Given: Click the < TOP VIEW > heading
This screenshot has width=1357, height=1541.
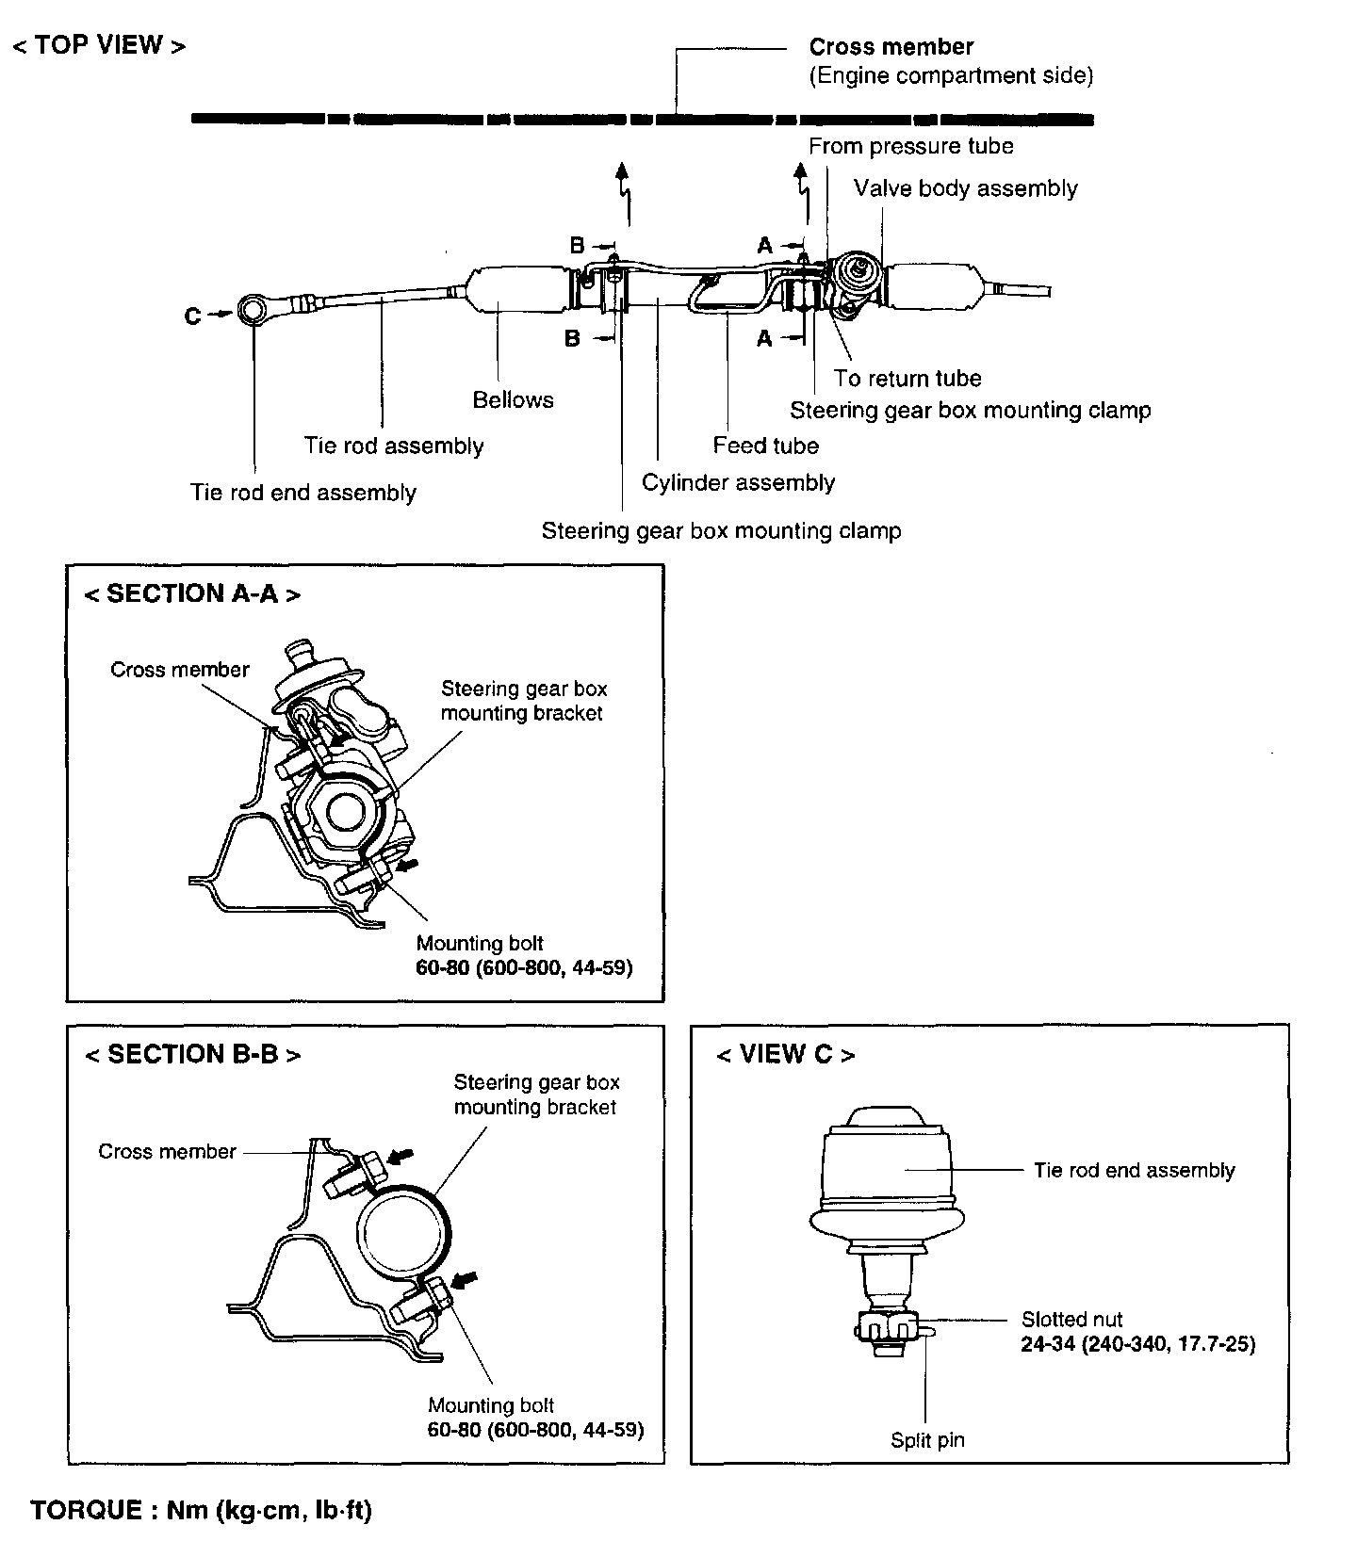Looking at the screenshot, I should [99, 46].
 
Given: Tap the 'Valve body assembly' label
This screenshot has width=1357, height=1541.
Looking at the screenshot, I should [965, 188].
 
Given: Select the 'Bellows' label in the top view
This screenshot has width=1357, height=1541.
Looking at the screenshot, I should [513, 400].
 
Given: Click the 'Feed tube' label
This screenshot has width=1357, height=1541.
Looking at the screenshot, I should [765, 446].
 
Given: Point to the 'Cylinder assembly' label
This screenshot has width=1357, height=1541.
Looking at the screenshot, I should [738, 483].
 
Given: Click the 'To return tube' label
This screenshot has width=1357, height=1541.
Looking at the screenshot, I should [907, 379].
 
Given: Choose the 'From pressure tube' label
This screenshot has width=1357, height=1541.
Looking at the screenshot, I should [910, 146].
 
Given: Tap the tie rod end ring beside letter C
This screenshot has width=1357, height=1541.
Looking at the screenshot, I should [253, 309].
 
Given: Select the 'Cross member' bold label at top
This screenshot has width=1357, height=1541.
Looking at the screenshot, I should [891, 47].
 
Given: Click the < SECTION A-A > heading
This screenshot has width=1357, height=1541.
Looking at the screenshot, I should [192, 594].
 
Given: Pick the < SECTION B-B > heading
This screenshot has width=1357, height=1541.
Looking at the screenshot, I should [192, 1055].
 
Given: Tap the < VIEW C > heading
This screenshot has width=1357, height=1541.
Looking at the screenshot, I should [785, 1055].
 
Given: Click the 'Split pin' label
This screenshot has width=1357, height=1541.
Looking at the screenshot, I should [927, 1440].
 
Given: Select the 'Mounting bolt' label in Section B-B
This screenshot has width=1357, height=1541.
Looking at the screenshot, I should [491, 1406].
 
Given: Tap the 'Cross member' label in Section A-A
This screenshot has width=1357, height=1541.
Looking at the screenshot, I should [179, 670].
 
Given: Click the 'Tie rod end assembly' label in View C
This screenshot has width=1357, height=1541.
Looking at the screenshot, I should [1134, 1171].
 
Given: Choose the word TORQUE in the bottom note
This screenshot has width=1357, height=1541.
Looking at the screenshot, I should [86, 1511].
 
